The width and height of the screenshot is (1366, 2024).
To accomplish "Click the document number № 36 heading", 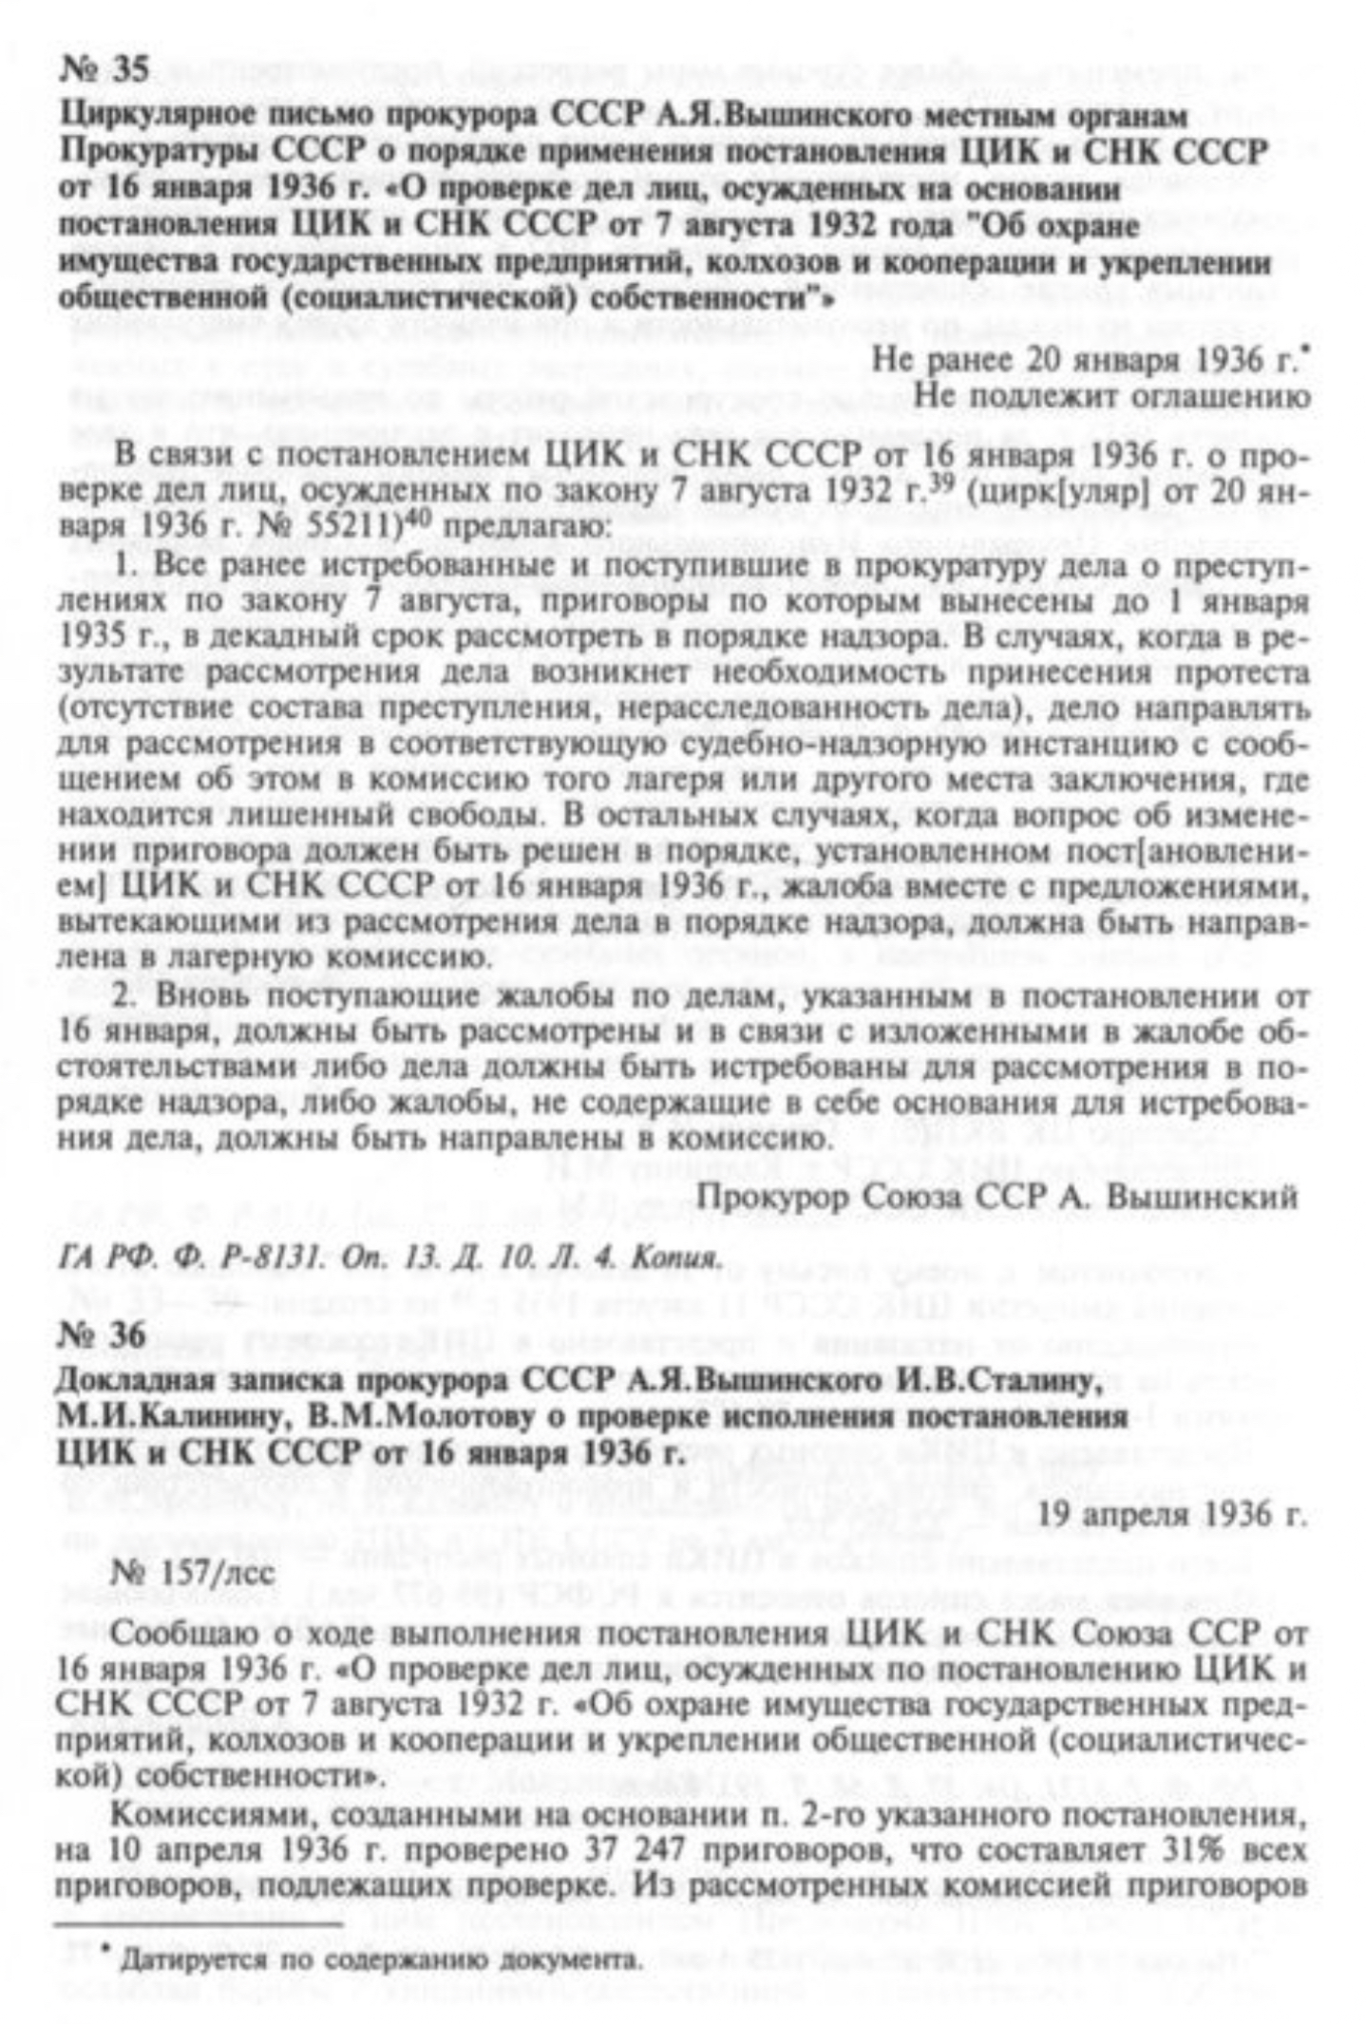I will coord(103,1335).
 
